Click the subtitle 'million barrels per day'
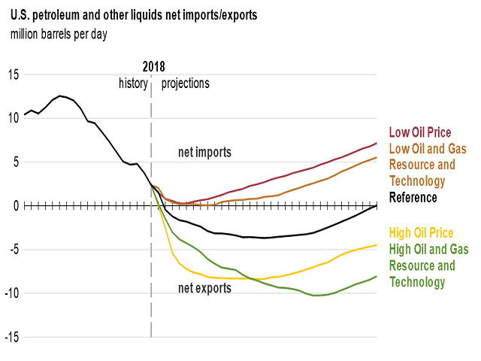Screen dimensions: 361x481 click(65, 34)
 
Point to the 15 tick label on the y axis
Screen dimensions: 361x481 click(14, 74)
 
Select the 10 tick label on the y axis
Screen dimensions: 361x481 click(14, 118)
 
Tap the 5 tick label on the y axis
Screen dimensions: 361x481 click(16, 162)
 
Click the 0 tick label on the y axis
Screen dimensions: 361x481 click(16, 205)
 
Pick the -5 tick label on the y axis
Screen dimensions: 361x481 click(14, 249)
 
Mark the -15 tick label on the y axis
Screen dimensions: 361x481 click(12, 337)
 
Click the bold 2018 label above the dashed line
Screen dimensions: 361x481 click(153, 66)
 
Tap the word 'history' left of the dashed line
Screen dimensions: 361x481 click(134, 83)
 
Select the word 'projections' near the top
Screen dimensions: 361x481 click(186, 83)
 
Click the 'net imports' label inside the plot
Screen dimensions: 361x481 click(204, 153)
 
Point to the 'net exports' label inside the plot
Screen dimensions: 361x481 click(204, 288)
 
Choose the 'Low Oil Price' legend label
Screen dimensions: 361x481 click(419, 133)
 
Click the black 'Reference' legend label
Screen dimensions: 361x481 click(413, 198)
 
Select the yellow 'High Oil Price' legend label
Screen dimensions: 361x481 click(421, 232)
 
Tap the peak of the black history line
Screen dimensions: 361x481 click(60, 96)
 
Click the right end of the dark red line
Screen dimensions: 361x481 click(377, 143)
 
